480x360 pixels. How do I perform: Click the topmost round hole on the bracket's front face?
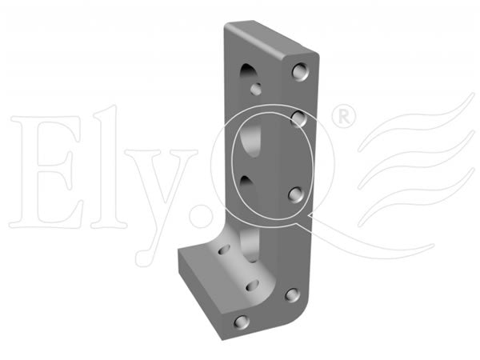300,72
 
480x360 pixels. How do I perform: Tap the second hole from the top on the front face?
298,118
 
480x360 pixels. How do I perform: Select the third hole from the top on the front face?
296,194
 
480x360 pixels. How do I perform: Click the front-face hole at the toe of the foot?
242,322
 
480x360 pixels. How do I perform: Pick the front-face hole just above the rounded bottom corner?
292,294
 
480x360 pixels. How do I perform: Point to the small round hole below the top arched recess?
256,89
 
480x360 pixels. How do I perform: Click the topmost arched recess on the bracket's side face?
249,73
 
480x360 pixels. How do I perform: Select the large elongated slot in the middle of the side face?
251,139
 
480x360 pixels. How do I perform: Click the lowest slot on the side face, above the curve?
250,245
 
